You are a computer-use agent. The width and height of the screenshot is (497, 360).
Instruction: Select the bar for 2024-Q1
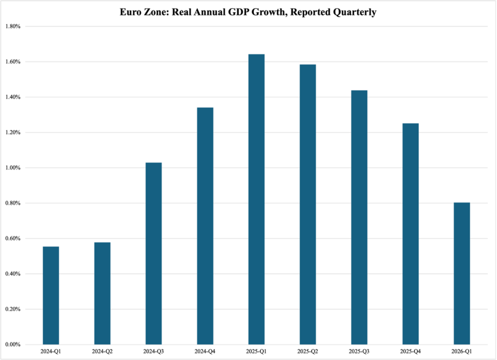(50, 295)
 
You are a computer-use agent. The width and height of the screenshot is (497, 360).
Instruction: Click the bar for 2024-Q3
(153, 254)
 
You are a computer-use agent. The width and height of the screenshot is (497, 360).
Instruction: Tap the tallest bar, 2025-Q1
(256, 199)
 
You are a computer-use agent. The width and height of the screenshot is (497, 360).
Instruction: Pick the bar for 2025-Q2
(308, 204)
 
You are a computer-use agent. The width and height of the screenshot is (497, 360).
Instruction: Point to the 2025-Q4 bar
(411, 234)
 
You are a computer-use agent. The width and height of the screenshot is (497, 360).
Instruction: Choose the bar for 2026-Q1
(462, 274)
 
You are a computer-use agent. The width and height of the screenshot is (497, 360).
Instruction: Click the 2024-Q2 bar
(102, 293)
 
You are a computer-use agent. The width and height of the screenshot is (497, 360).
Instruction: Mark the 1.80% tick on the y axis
(13, 26)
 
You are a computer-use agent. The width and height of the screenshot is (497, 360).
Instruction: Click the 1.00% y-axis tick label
(13, 168)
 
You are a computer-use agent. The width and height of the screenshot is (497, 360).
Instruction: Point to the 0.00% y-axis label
(13, 344)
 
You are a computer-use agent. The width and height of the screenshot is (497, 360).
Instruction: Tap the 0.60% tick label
(13, 239)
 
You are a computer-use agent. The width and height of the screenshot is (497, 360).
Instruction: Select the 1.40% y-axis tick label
(13, 97)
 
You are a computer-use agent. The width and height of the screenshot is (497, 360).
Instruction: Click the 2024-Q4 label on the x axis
(205, 351)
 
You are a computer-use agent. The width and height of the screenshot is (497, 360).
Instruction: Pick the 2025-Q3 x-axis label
(359, 351)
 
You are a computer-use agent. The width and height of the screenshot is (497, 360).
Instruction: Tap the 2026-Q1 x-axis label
(462, 351)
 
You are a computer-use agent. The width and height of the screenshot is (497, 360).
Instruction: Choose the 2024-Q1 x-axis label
(50, 351)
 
